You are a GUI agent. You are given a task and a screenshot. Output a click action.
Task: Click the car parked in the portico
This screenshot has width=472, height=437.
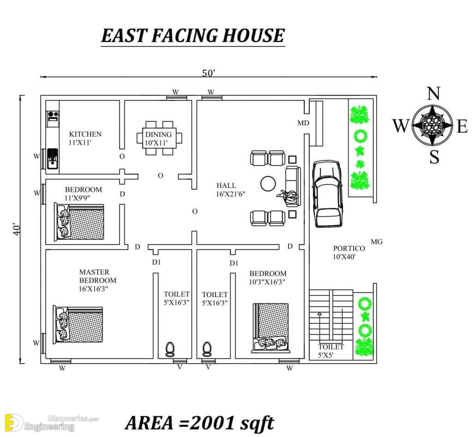pos(327,194)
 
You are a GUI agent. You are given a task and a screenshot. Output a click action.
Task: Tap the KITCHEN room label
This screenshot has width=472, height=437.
pos(85,134)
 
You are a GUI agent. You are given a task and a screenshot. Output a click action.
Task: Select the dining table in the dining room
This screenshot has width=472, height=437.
pos(159,138)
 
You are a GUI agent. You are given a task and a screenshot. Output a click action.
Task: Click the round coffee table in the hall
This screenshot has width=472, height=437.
pos(268,183)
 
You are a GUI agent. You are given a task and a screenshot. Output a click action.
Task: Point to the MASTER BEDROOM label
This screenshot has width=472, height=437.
pos(98,276)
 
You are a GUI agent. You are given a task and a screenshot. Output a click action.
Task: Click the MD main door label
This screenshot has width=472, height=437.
pos(303,123)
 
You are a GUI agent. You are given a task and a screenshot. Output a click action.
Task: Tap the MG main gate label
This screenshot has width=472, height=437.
pos(377,241)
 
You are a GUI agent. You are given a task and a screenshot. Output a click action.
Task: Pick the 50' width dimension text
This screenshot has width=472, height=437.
pos(208,73)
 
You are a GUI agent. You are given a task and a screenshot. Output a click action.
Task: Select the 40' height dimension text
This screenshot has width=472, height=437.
pos(17,229)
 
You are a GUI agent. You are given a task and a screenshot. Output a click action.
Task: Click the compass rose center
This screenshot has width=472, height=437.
pos(432,125)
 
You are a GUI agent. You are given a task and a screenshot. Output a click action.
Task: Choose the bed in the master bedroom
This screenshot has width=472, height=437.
pos(78,325)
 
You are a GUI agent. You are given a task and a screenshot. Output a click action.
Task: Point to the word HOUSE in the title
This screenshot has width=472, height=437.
pos(254,35)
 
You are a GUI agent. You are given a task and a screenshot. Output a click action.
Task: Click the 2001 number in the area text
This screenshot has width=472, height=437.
pos(213,423)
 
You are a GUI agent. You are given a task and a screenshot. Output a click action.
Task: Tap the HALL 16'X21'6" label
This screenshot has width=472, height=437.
pos(230,190)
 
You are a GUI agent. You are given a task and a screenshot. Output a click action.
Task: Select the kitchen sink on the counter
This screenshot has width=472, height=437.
pos(53,158)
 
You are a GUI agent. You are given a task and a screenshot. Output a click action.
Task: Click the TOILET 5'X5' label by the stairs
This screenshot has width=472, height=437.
pos(331,351)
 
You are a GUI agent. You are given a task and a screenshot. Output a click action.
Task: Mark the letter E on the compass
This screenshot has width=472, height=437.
pos(462,126)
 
